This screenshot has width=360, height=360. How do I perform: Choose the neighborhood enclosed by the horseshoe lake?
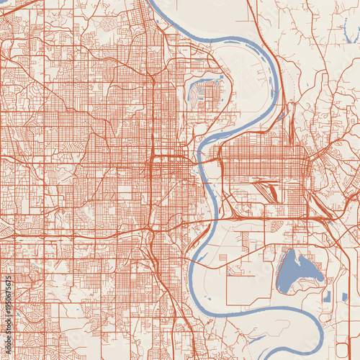(x=208, y=94)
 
